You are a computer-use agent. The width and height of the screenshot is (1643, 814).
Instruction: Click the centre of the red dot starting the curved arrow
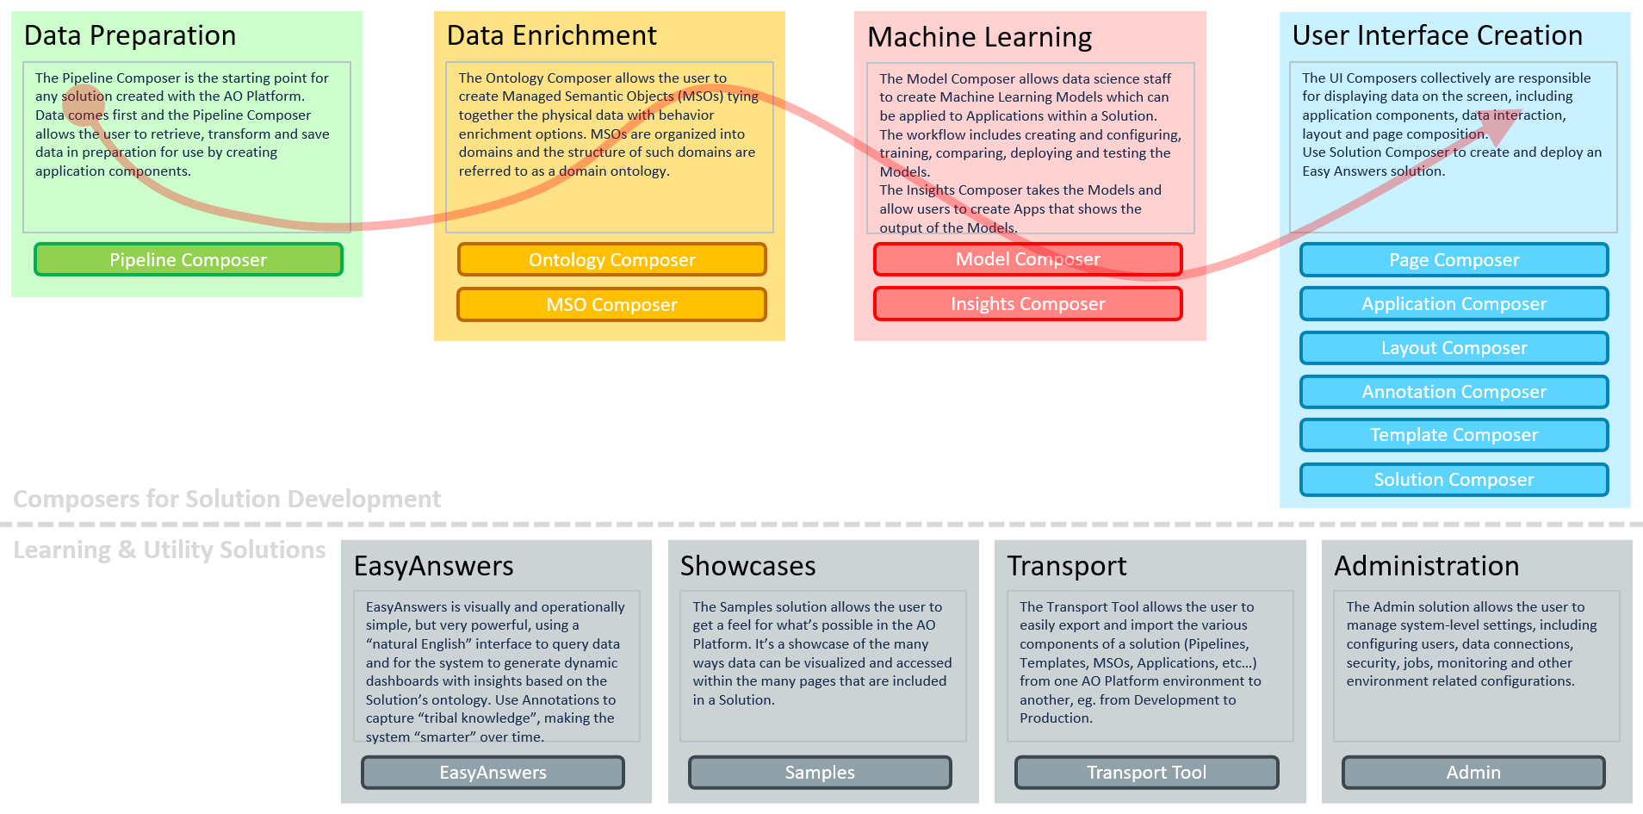tap(84, 105)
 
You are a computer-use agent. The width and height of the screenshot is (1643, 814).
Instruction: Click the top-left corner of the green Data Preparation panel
tap(11, 11)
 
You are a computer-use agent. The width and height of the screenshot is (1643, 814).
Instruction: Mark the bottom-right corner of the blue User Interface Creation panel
tap(1631, 507)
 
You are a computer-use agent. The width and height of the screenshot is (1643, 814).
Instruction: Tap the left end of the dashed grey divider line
tap(1, 524)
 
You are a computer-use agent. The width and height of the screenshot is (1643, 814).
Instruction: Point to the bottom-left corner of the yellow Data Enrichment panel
tap(434, 340)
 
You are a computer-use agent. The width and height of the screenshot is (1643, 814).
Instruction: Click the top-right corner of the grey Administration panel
tap(1633, 540)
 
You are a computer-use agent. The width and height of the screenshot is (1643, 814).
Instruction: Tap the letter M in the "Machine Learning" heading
tap(878, 37)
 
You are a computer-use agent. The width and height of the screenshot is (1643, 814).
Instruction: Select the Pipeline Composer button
tap(189, 259)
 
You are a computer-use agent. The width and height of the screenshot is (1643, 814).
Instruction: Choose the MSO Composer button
tap(611, 304)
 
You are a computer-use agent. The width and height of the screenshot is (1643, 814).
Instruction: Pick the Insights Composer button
tap(1028, 303)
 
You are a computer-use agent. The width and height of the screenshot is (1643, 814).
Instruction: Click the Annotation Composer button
tap(1454, 392)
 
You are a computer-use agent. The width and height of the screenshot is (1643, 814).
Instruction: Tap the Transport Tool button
tap(1146, 773)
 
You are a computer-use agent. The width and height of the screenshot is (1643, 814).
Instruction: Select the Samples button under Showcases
tap(820, 773)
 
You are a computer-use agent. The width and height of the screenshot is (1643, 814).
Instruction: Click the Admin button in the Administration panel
tap(1473, 773)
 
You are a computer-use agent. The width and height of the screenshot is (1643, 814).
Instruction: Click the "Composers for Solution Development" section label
tap(227, 499)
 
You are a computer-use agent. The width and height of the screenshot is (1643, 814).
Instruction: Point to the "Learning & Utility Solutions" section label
tap(170, 550)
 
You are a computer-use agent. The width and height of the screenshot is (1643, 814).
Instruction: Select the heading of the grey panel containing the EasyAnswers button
tap(434, 566)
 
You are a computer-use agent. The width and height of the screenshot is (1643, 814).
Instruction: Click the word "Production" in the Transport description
tap(1055, 718)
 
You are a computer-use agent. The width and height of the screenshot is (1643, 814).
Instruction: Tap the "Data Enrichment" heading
tap(552, 35)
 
